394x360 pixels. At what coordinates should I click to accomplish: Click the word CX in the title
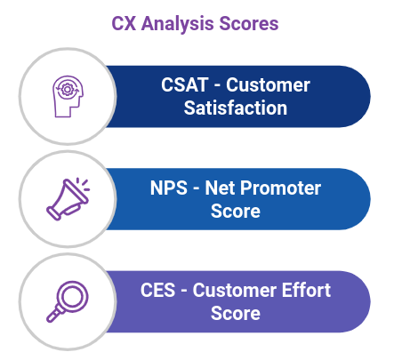[x=124, y=24]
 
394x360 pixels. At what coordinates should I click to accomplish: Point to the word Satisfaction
[x=236, y=108]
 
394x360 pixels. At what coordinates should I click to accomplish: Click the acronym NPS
[x=169, y=188]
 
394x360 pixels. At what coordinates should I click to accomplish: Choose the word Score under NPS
[x=236, y=212]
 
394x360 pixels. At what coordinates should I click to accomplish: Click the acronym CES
[x=160, y=291]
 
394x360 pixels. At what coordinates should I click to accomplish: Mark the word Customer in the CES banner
[x=236, y=291]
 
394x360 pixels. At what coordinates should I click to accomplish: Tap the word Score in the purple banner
[x=236, y=314]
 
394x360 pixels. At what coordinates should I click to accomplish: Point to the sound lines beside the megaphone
[x=84, y=187]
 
